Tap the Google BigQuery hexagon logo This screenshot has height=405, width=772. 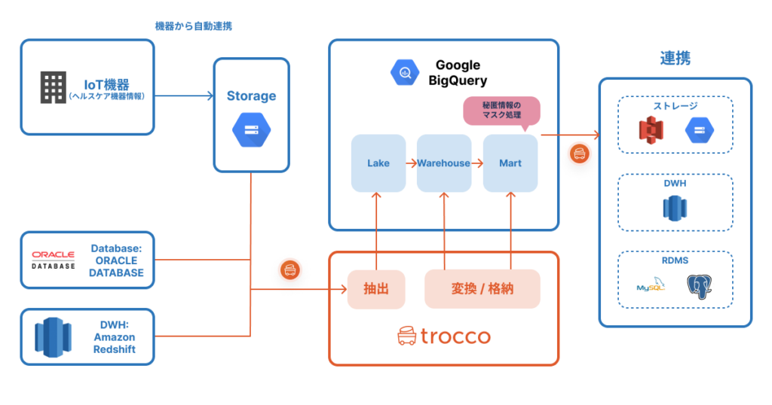pyautogui.click(x=404, y=72)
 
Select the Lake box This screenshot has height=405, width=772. pyautogui.click(x=378, y=163)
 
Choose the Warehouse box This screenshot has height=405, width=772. pyautogui.click(x=444, y=163)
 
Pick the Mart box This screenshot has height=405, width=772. pyautogui.click(x=510, y=163)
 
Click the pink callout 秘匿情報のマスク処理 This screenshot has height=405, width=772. pyautogui.click(x=501, y=110)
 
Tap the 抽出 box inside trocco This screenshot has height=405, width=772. pyautogui.click(x=376, y=288)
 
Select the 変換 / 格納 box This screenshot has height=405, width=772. pyautogui.click(x=482, y=288)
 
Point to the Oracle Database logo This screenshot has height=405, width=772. pyautogui.click(x=54, y=260)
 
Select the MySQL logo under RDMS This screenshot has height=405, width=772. pyautogui.click(x=650, y=288)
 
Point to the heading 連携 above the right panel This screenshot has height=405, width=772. pyautogui.click(x=675, y=58)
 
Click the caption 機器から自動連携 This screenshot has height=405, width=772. pyautogui.click(x=193, y=26)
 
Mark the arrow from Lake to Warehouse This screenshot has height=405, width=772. pyautogui.click(x=411, y=163)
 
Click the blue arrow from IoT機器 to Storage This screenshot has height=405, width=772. pyautogui.click(x=184, y=96)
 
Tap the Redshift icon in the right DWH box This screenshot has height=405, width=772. pyautogui.click(x=675, y=207)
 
